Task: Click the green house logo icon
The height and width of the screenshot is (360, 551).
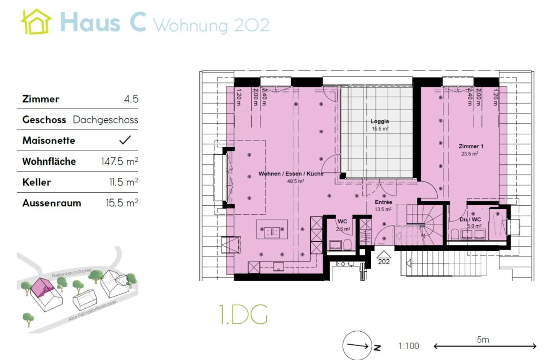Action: pos(36,22)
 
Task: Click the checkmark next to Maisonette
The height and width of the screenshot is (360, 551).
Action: pos(125,140)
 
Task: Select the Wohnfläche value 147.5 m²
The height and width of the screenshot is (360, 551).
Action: pos(119,161)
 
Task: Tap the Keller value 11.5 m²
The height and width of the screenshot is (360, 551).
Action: pos(124,182)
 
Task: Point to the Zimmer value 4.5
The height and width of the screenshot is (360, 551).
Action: pos(131,99)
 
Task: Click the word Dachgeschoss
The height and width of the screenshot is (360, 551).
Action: pos(105,119)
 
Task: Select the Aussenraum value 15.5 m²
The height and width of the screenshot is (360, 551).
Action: pos(122,203)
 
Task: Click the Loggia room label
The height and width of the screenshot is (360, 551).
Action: pos(380,121)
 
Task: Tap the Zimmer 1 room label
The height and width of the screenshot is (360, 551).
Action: pos(471,146)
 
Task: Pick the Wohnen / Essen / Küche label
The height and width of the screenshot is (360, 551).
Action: pos(291,173)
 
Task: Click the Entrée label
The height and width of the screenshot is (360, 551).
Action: pos(383,202)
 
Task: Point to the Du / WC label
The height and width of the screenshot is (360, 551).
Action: pos(470,219)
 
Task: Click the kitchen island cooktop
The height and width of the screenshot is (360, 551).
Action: pos(272,231)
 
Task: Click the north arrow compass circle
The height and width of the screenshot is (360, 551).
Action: pos(357,345)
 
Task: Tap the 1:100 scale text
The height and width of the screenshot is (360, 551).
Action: pos(409,346)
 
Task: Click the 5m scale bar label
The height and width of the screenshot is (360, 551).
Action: pos(483,340)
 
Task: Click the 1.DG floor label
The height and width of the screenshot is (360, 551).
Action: pos(243,314)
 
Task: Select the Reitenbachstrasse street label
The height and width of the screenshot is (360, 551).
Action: pos(72,273)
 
